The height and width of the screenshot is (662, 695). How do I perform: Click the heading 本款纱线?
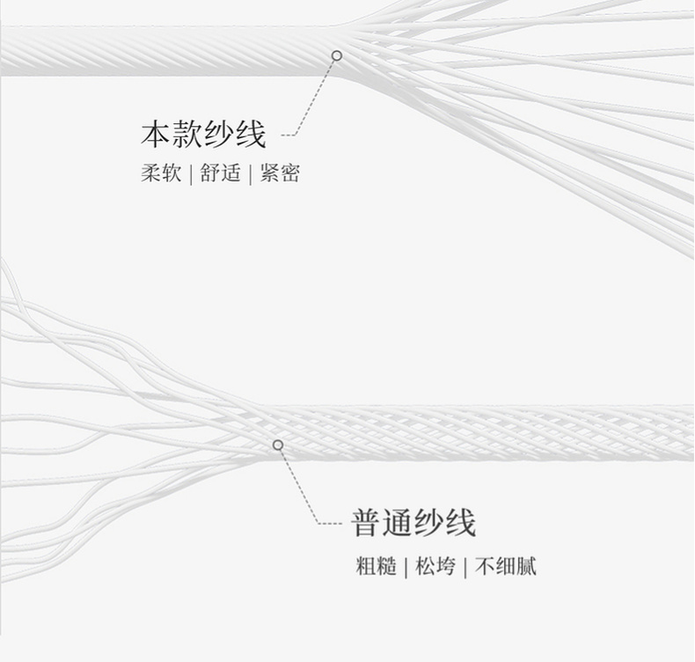(203, 135)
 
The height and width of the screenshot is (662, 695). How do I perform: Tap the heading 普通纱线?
(413, 522)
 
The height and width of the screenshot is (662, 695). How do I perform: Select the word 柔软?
(160, 173)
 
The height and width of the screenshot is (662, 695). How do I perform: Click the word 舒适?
(220, 173)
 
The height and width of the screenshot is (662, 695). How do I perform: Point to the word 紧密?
(280, 173)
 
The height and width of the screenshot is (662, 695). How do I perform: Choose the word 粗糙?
(376, 566)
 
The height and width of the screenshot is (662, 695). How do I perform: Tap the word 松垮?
(435, 566)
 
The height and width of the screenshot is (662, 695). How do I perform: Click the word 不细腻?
(505, 566)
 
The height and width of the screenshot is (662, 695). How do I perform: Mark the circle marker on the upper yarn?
(336, 55)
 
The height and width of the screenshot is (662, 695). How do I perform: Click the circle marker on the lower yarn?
(278, 445)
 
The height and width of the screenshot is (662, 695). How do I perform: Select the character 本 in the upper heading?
(155, 135)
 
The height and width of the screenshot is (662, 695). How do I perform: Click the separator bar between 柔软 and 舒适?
(190, 173)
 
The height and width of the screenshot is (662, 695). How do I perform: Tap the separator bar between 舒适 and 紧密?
(250, 173)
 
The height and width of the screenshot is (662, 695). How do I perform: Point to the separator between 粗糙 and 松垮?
(406, 566)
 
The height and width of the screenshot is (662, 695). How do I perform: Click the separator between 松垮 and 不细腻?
(465, 566)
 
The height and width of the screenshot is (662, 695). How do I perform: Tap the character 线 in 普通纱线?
(460, 522)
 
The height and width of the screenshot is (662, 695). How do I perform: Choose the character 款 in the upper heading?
(187, 135)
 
